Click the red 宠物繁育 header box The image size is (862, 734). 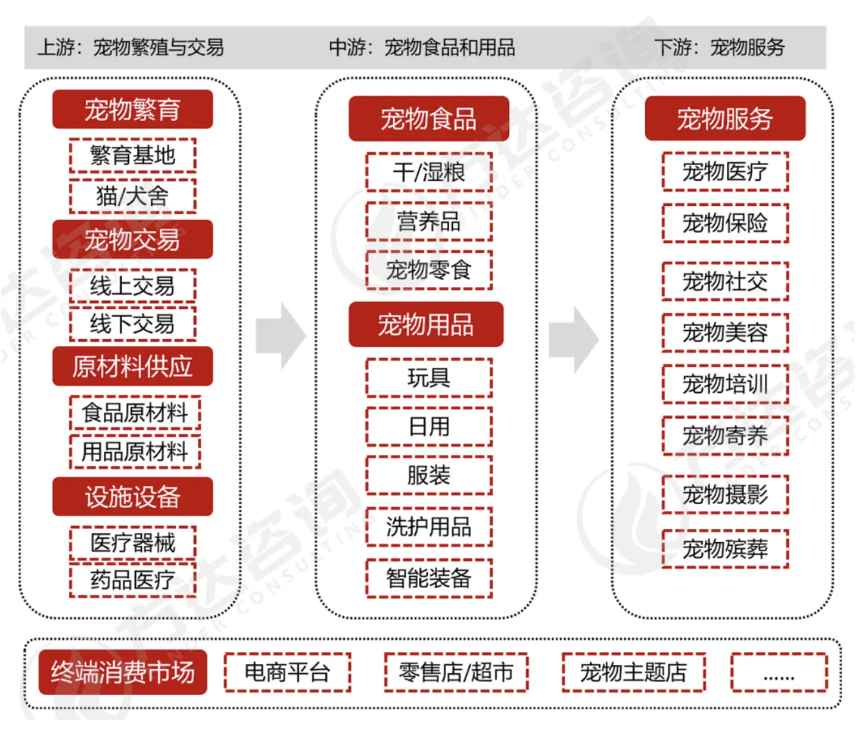[x=132, y=110]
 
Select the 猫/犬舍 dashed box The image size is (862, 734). [x=132, y=196]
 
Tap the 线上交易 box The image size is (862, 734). [x=132, y=286]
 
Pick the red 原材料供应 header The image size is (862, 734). [x=132, y=366]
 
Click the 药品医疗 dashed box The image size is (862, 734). [x=132, y=580]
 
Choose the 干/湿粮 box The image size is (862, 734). [x=428, y=172]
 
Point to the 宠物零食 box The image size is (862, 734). [x=428, y=270]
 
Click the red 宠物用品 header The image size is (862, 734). [x=426, y=325]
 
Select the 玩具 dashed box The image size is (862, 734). [x=428, y=378]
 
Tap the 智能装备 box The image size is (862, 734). [x=428, y=578]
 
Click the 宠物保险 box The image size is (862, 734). [x=725, y=223]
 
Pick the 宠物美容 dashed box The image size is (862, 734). [x=725, y=332]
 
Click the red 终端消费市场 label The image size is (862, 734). [x=123, y=672]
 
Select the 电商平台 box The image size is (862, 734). [x=287, y=672]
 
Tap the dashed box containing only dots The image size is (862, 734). [x=779, y=672]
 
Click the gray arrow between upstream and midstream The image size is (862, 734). [x=281, y=336]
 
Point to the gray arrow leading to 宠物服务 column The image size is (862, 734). [x=573, y=340]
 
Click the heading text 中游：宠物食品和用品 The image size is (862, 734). [x=422, y=47]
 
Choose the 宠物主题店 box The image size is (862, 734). [x=633, y=672]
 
